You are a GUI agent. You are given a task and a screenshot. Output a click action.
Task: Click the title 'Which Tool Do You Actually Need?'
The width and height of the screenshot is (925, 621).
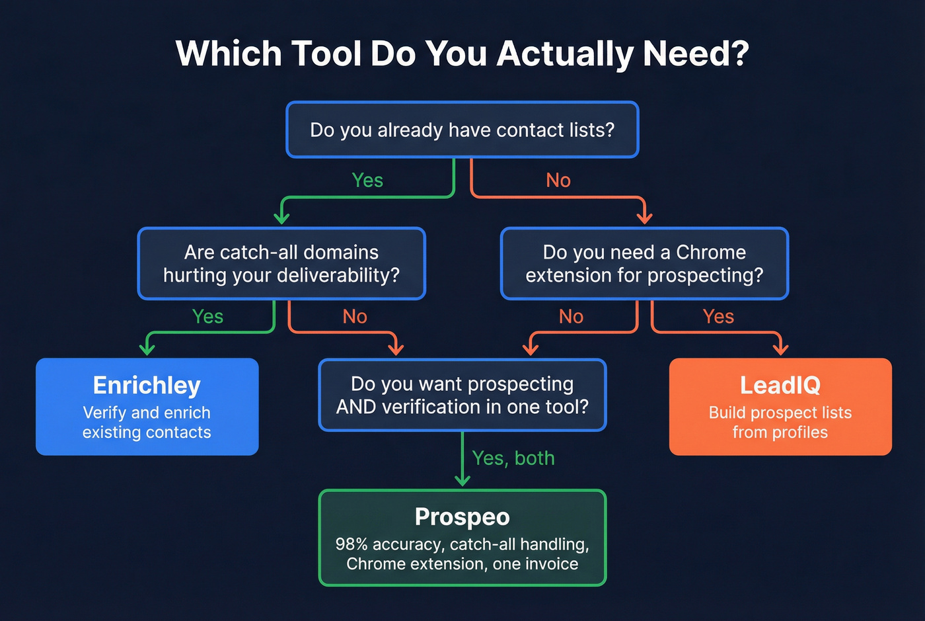click(462, 54)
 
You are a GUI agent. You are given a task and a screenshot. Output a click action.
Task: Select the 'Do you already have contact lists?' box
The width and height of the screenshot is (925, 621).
click(462, 130)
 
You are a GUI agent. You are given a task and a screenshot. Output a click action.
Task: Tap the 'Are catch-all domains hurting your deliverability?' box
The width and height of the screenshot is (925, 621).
click(281, 263)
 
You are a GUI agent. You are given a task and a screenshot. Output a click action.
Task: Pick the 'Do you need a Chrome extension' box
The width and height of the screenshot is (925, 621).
click(644, 263)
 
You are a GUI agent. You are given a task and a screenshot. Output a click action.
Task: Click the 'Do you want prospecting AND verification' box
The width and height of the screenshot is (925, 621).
click(462, 395)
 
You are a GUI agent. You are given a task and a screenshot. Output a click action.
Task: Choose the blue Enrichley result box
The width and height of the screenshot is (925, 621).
click(147, 406)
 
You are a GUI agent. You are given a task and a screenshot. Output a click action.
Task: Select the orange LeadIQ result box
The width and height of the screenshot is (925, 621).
click(780, 406)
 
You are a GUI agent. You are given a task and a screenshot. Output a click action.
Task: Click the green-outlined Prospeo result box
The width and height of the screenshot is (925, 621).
click(462, 537)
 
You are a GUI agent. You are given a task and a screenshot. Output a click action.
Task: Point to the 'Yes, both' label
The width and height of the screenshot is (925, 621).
click(513, 458)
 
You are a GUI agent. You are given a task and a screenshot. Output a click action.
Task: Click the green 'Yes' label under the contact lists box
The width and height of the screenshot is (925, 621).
click(367, 180)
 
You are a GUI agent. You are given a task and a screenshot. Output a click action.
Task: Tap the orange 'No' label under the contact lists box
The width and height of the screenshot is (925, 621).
click(558, 180)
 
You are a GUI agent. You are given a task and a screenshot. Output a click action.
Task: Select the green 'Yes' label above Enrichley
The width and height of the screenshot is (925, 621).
click(207, 316)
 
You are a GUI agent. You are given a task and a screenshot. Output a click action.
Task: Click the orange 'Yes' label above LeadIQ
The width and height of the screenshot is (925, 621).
click(718, 316)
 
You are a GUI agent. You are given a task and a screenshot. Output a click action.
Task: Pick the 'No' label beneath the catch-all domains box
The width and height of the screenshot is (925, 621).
click(355, 316)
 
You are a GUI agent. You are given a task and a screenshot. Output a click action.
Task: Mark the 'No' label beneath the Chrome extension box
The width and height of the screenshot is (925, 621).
click(572, 316)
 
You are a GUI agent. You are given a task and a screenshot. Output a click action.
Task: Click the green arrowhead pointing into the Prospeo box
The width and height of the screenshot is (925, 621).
click(462, 480)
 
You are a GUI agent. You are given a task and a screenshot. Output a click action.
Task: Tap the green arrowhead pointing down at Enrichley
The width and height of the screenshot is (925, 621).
click(147, 349)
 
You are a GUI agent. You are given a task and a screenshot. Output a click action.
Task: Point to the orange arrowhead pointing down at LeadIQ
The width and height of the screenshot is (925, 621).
click(780, 349)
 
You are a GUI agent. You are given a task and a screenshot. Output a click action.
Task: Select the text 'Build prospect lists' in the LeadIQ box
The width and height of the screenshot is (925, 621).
click(780, 413)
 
